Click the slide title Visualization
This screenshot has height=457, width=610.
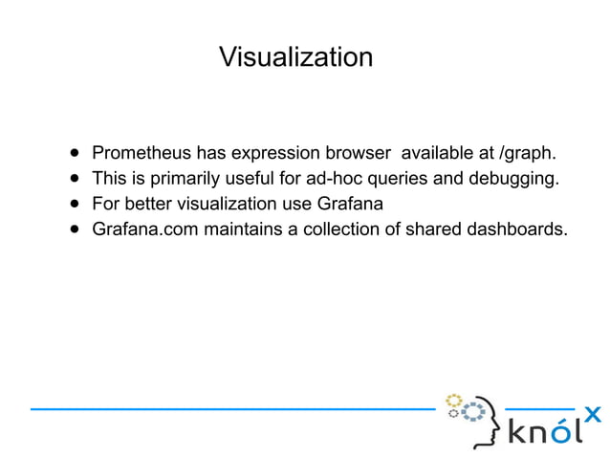coord(295,57)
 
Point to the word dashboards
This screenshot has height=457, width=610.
coord(515,229)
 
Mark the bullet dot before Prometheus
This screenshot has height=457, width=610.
coord(74,153)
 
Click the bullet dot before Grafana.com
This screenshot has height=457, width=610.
coord(74,229)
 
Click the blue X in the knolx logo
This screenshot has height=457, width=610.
coord(593,414)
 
